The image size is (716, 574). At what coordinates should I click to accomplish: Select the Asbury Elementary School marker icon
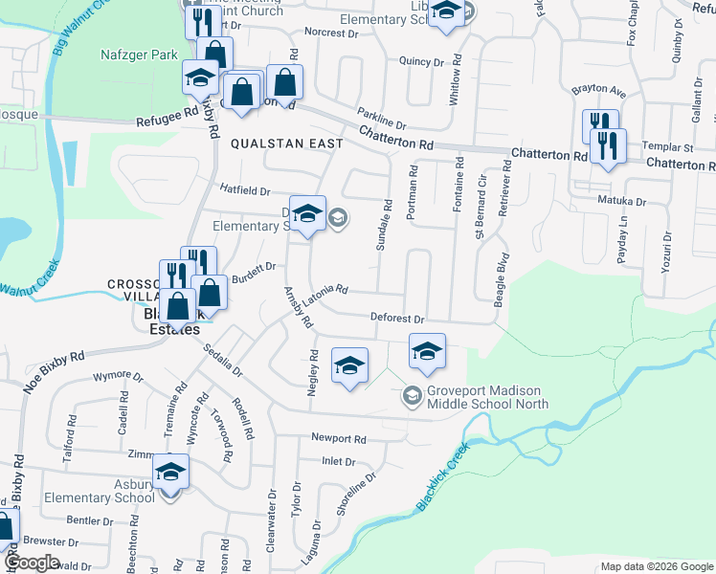coord(171,473)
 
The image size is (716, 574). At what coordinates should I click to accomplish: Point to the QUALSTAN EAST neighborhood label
coord(286,143)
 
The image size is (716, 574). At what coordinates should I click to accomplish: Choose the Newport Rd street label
coord(339,439)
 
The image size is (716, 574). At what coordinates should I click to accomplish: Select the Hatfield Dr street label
coord(246,190)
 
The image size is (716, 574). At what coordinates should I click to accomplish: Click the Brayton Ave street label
coord(598,92)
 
